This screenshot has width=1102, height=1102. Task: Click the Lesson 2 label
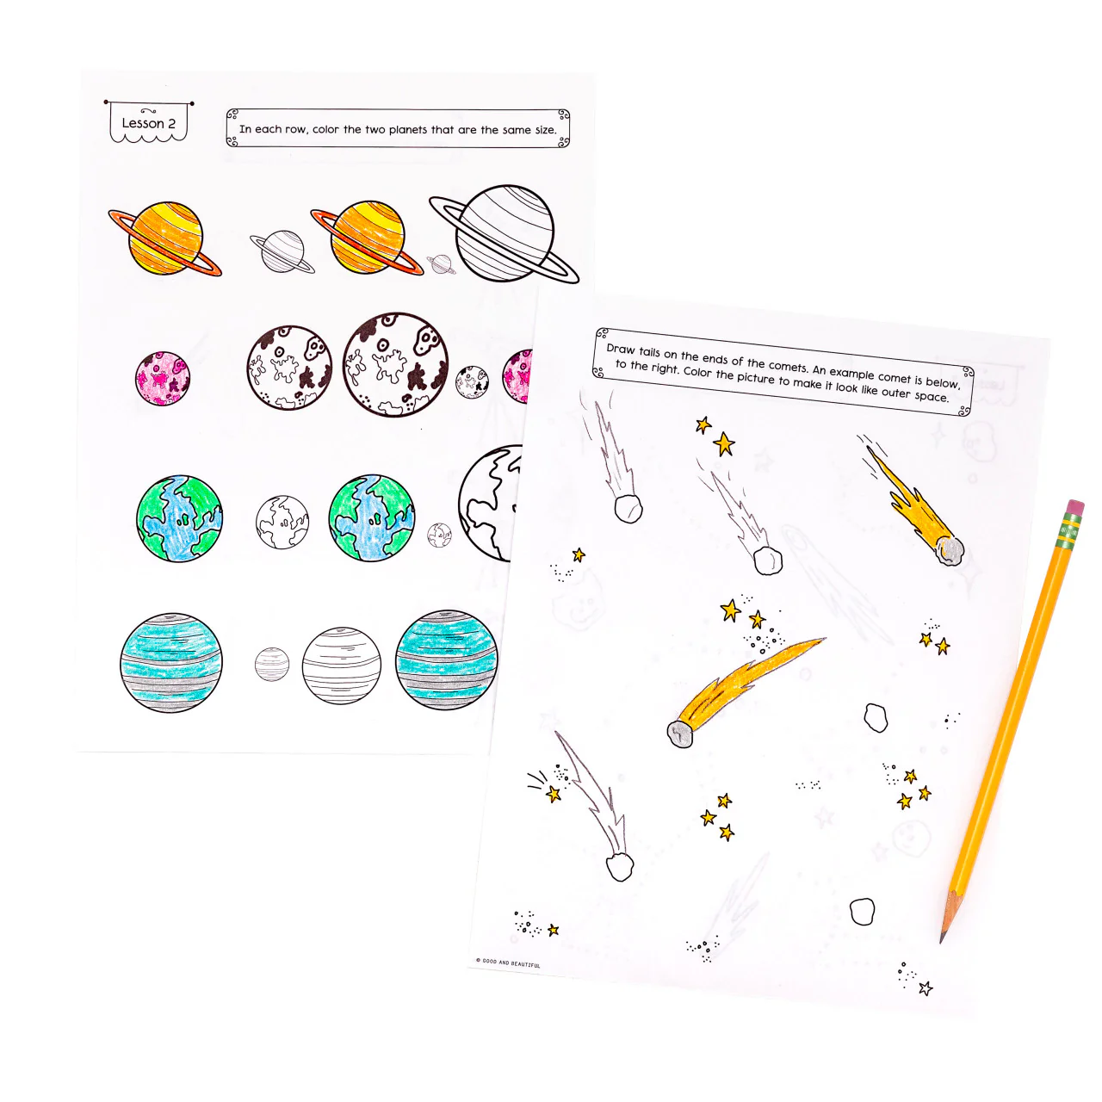(148, 123)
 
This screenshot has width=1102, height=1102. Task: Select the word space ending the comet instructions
(930, 397)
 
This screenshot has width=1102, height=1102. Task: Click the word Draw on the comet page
(621, 350)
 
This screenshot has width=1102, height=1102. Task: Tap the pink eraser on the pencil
(1074, 506)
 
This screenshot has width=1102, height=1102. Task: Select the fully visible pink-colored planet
(162, 378)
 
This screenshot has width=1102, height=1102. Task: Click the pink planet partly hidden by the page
(518, 376)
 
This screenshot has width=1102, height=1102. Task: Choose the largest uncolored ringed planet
(505, 234)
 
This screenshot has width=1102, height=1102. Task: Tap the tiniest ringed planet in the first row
(441, 264)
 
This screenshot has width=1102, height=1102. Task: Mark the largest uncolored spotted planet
(395, 364)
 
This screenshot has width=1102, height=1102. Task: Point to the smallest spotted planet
(472, 381)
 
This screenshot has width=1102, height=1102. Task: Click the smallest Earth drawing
(439, 536)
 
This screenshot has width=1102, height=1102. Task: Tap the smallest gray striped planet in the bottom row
(272, 664)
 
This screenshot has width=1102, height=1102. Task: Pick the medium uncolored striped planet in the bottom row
(341, 666)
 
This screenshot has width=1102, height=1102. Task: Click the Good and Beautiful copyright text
(509, 963)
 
